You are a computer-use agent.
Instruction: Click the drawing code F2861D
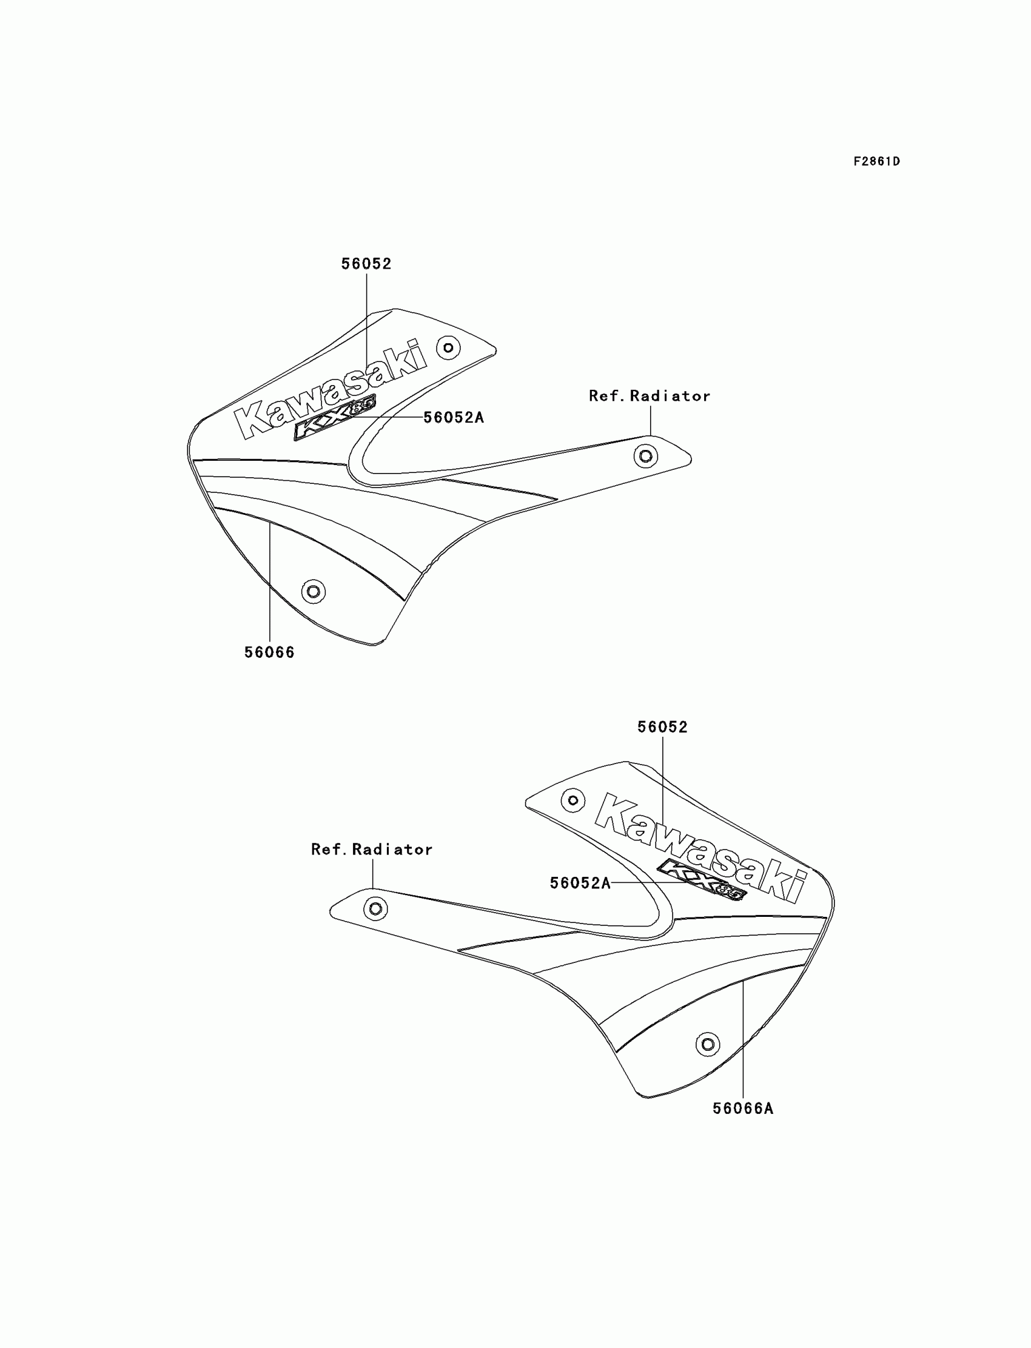click(876, 161)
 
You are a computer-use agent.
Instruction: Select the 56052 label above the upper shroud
click(366, 264)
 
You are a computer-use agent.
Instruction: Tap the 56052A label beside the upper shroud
click(454, 418)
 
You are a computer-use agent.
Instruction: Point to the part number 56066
click(269, 653)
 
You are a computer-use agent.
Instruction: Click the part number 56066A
click(742, 1109)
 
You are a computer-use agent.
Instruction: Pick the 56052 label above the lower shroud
click(663, 727)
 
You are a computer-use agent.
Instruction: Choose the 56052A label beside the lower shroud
click(580, 884)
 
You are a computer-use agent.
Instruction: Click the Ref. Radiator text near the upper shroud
click(650, 397)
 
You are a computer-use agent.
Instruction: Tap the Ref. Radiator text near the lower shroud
click(372, 850)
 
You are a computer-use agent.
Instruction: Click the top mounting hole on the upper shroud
click(448, 348)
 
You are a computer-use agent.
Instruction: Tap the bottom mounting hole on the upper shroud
click(313, 592)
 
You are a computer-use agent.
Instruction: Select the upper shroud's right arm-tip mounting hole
click(646, 456)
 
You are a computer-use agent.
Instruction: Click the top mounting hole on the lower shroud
click(573, 800)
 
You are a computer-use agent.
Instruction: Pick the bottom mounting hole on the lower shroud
click(708, 1044)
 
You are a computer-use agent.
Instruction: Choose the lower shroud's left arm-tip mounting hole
click(375, 909)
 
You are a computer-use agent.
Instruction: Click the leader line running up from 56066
click(270, 583)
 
